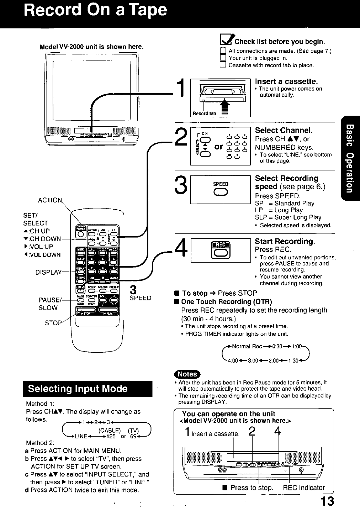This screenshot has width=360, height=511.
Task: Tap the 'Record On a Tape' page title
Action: click(x=95, y=10)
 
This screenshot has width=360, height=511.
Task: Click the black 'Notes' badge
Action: click(x=187, y=374)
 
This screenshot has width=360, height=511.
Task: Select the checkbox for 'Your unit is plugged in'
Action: click(x=223, y=58)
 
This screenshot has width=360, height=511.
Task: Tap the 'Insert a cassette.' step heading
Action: click(x=286, y=81)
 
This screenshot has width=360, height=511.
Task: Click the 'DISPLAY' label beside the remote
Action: click(x=48, y=272)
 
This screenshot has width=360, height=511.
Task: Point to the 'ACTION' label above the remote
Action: click(x=50, y=200)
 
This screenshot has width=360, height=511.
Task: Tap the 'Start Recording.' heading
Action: click(x=285, y=241)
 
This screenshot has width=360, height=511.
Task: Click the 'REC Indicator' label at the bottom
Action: click(x=304, y=488)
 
